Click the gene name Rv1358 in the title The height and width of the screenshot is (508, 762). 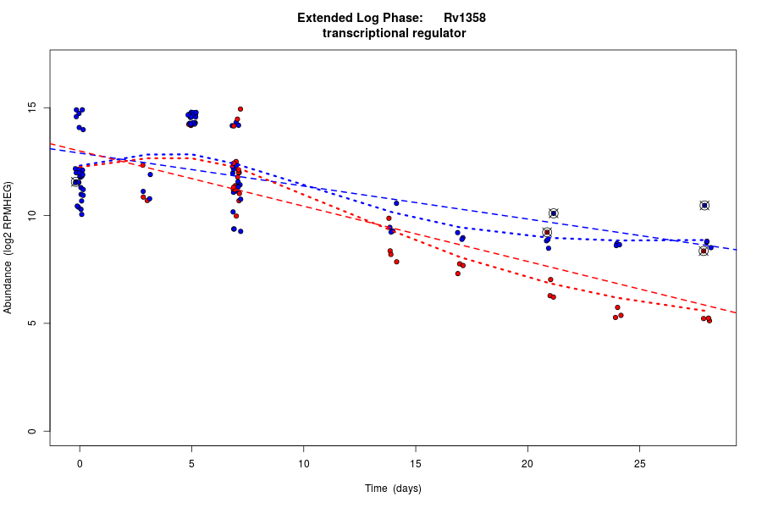pos(465,18)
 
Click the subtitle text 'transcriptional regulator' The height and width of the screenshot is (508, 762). pos(395,34)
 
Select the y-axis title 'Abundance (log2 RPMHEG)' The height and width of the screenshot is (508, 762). pos(8,247)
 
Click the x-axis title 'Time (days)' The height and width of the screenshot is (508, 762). pos(393,489)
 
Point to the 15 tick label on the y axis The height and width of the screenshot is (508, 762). pos(31,108)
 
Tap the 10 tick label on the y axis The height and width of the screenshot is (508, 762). pos(31,216)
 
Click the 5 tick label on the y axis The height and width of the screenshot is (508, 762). pos(31,323)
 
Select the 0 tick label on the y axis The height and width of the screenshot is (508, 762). pos(31,431)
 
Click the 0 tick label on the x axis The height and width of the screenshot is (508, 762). pos(80,463)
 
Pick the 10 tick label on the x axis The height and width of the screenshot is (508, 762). pos(303,463)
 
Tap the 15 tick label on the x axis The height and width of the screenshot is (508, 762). pos(415,463)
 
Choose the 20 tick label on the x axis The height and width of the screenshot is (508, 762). pos(527,463)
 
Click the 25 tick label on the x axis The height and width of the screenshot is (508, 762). pos(639,463)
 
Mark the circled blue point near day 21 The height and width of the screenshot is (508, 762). pos(554,213)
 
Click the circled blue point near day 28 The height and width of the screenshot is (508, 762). pos(704,206)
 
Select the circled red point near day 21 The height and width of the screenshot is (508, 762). pos(547,232)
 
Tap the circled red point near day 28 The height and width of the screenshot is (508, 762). pos(704,251)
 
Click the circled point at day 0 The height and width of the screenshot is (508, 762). pos(75,182)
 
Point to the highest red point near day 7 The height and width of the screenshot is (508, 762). pos(240,109)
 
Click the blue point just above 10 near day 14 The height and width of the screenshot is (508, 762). pos(396,203)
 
